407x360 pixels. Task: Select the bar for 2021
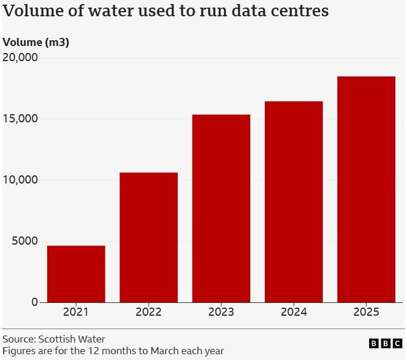[76, 274]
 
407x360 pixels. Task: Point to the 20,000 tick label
[20, 58]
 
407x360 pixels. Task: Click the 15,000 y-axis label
[20, 119]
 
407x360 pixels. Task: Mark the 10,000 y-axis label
[20, 180]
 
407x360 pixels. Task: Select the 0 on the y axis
[34, 302]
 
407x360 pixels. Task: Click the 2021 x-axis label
[76, 312]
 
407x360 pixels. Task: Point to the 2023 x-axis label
[221, 312]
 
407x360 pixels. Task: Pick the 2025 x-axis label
[366, 312]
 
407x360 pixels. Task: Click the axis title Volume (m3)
[36, 42]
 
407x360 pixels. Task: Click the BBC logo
[385, 344]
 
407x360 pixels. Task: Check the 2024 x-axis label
[293, 312]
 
